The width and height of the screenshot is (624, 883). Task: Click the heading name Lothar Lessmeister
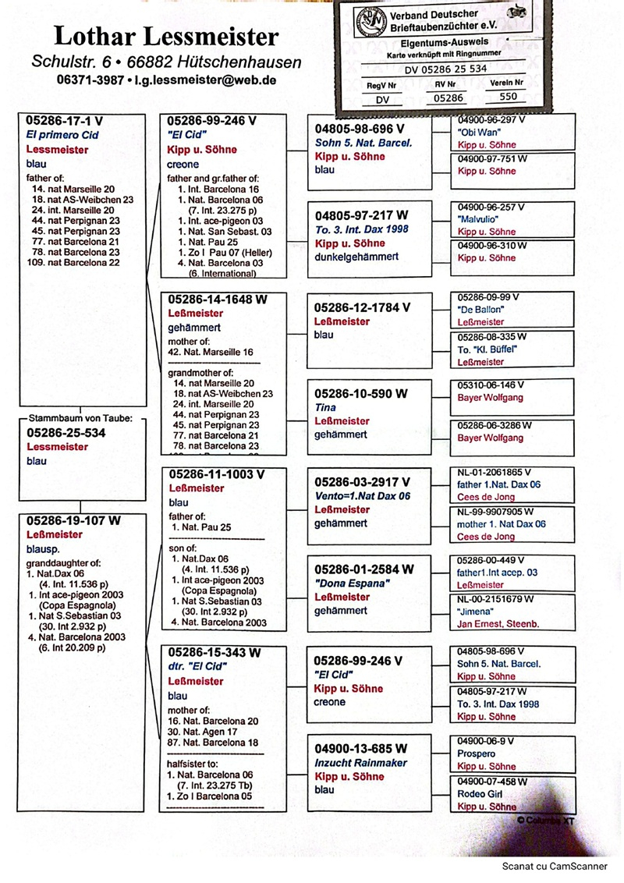coord(166,36)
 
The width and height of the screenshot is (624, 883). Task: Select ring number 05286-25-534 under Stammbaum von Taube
coord(66,433)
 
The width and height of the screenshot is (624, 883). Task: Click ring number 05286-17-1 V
coord(64,121)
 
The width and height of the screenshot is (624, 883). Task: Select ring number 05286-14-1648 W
coord(218,300)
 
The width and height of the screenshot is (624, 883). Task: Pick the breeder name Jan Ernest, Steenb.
coord(498,624)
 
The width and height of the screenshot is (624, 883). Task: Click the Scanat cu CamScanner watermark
coord(555,866)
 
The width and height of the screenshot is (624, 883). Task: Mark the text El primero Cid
coord(62,135)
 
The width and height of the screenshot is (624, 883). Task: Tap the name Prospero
coord(477,754)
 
